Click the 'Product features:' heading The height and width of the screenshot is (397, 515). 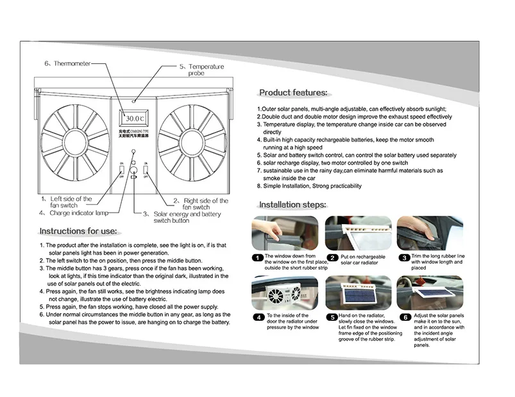[x=292, y=93]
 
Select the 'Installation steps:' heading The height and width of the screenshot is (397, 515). [x=292, y=205]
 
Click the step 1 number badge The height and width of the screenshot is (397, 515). [x=256, y=257]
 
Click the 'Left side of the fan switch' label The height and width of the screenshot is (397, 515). [x=67, y=202]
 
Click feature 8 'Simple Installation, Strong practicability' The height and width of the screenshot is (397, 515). [x=310, y=186]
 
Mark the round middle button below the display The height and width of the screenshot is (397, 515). [x=135, y=170]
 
